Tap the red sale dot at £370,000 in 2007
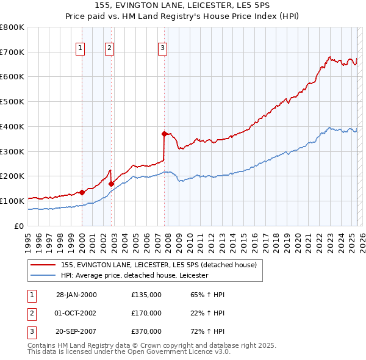click(164, 134)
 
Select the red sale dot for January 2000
click(82, 192)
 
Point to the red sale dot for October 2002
click(112, 183)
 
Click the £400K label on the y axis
click(12, 126)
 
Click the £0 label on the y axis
click(19, 226)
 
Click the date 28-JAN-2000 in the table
click(76, 295)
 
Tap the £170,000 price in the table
click(146, 313)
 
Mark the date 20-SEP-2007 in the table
click(76, 331)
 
